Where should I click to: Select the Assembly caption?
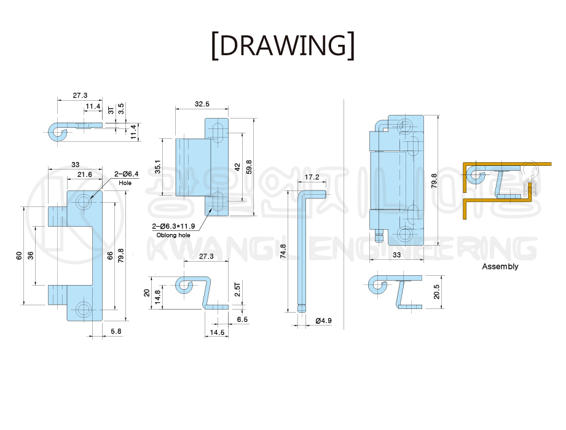(x=500, y=267)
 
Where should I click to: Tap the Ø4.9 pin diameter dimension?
(x=323, y=321)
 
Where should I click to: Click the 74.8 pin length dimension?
(x=283, y=251)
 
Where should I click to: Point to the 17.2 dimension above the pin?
(x=312, y=177)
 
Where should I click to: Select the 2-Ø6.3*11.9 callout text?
(x=173, y=226)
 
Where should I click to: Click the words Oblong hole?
(x=173, y=235)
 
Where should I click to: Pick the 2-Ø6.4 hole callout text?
(x=127, y=174)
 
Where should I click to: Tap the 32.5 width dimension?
(x=202, y=104)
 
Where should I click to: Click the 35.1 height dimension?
(x=158, y=166)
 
